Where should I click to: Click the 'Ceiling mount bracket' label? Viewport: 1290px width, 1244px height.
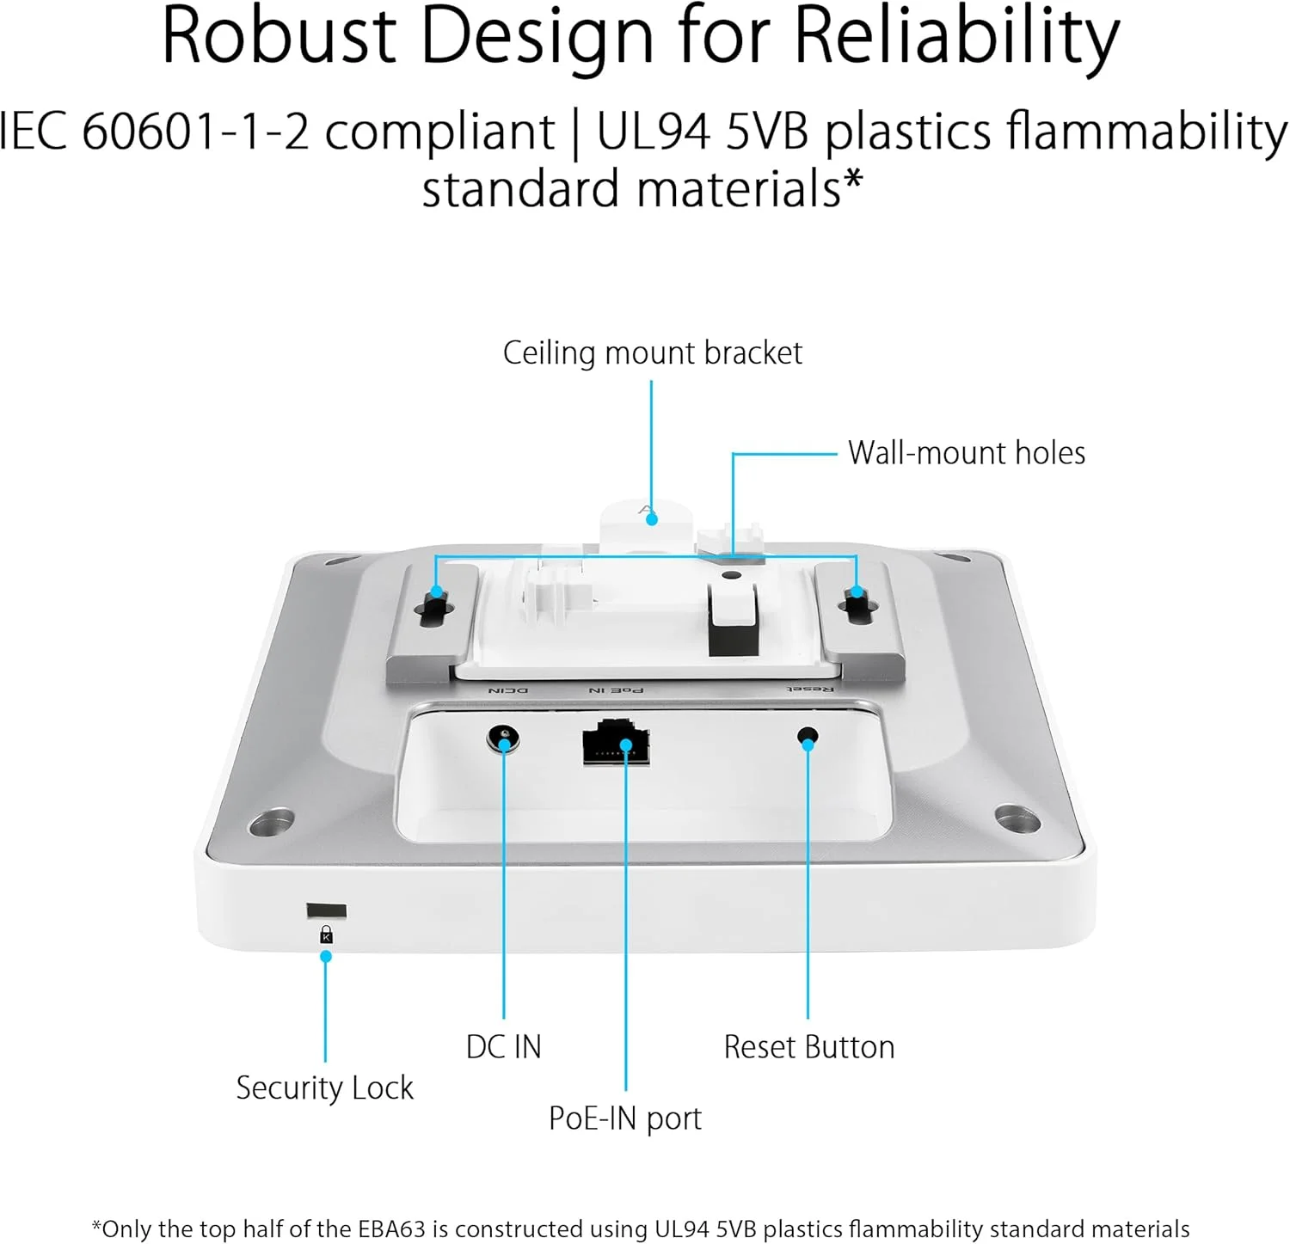point(652,352)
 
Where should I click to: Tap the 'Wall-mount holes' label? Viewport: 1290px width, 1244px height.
point(967,453)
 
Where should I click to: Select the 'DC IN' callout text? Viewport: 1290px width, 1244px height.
point(504,1047)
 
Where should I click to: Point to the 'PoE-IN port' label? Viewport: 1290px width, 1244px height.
point(625,1118)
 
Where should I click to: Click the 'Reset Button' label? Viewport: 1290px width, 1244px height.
point(809,1047)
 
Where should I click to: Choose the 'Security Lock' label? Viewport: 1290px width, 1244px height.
point(325,1088)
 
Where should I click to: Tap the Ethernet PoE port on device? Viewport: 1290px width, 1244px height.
point(617,741)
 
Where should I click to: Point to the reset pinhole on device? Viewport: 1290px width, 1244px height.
point(808,737)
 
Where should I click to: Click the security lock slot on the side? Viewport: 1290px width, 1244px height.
point(327,910)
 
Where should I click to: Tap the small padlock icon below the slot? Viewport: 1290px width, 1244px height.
point(326,935)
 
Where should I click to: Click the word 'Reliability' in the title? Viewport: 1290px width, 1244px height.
point(957,39)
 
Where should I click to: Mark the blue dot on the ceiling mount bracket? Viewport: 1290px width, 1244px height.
point(652,519)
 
